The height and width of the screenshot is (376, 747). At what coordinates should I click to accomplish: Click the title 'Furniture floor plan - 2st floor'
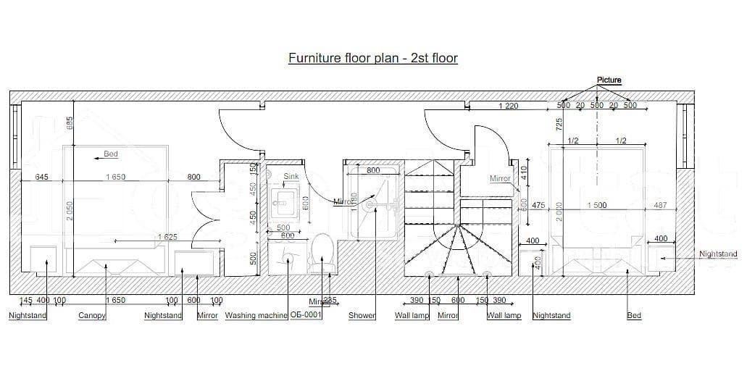372,58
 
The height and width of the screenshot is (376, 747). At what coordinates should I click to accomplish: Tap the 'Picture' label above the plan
609,80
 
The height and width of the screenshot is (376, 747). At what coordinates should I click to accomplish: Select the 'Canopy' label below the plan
92,315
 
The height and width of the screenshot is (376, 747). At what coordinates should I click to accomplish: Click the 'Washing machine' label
256,315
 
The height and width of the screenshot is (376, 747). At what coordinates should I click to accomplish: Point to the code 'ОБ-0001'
306,315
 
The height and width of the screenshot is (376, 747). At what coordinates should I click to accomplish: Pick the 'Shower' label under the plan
362,315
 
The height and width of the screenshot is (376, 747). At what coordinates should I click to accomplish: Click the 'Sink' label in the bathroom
291,176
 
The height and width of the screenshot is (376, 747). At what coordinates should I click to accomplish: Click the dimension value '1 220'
509,106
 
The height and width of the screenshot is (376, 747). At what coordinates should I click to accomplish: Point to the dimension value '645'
42,177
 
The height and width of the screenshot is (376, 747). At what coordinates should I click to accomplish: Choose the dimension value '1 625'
167,237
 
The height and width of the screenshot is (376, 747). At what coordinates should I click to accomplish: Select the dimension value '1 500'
596,206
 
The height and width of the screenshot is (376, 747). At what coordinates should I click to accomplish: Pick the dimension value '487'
660,206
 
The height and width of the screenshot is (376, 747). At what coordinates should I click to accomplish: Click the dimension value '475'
538,206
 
